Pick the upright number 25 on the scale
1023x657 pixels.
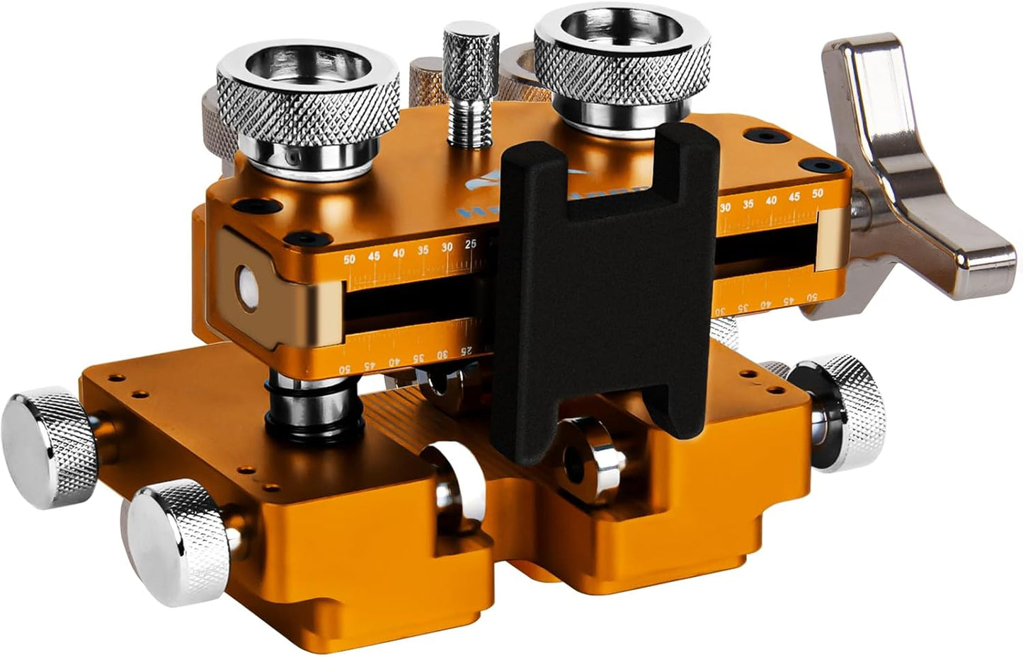pyautogui.click(x=471, y=245)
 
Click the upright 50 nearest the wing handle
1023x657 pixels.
pyautogui.click(x=818, y=192)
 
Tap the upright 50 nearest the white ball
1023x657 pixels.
pyautogui.click(x=349, y=260)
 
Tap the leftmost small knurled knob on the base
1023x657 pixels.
pyautogui.click(x=47, y=449)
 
